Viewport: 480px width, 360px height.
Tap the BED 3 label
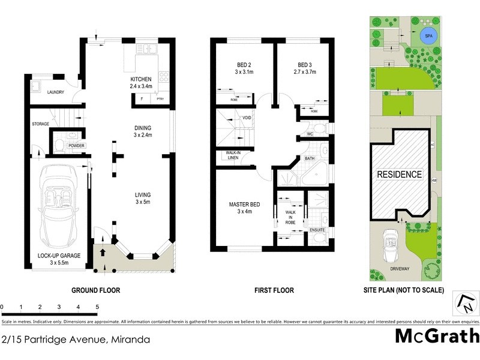tap(305, 65)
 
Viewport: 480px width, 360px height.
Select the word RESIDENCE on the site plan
tap(399, 175)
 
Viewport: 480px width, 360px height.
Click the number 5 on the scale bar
tap(97, 307)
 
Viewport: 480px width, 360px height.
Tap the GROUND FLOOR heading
tap(96, 290)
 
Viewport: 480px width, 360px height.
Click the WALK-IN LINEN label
tap(233, 155)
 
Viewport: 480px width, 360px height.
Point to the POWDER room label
tap(76, 146)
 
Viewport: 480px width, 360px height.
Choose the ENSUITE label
tap(318, 229)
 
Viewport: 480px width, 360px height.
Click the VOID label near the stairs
tap(247, 118)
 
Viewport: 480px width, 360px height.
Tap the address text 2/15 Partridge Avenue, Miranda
tap(76, 340)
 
